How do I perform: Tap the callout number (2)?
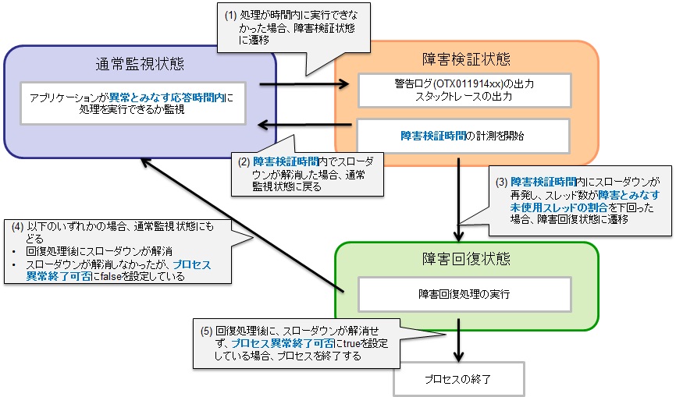(245, 162)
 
